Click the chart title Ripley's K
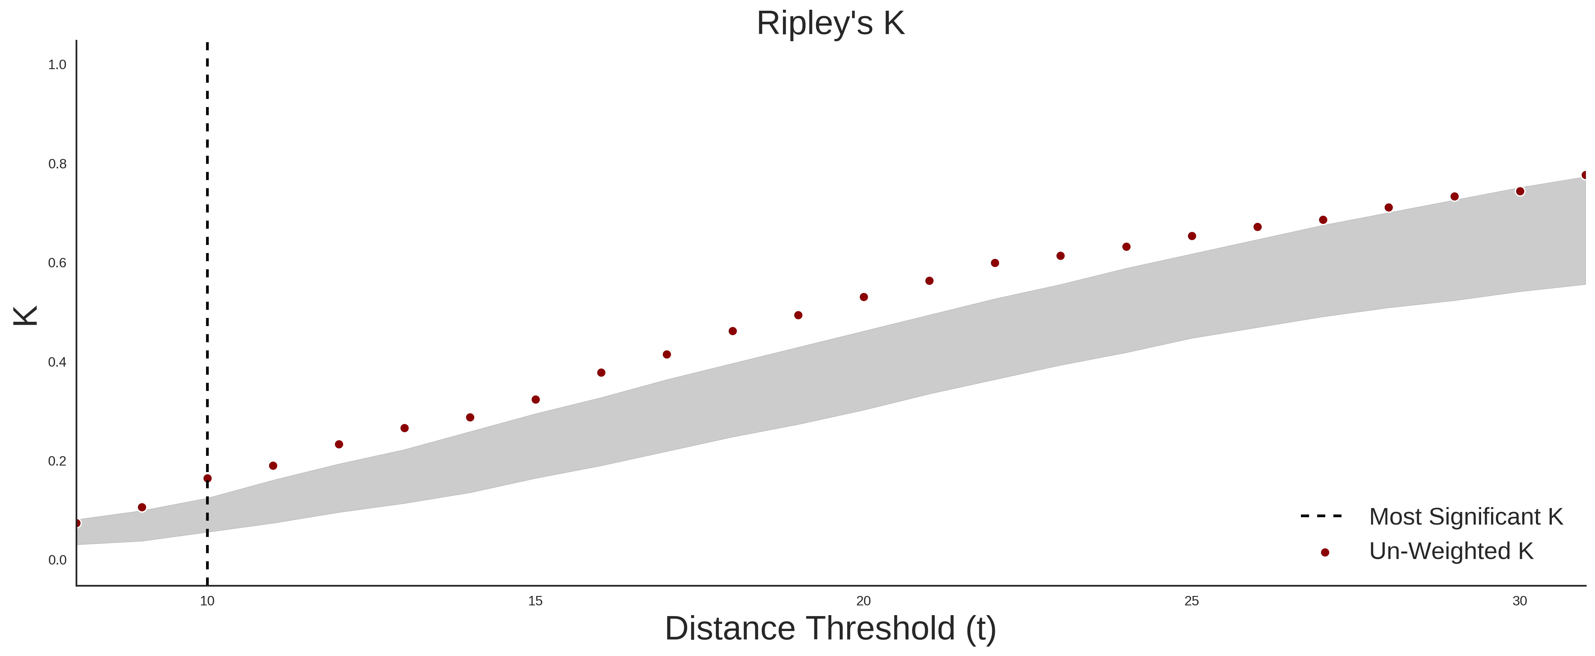pos(830,23)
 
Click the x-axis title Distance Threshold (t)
pos(830,629)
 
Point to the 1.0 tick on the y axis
pos(57,65)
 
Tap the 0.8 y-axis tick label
pos(57,164)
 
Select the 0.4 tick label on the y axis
pos(57,362)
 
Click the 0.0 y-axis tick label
pos(57,560)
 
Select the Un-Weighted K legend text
pos(1451,551)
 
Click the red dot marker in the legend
pos(1324,553)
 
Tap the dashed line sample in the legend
pos(1321,516)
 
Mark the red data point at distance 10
pos(207,479)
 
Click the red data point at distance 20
pos(864,297)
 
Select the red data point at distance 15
pos(536,400)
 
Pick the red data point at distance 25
pos(1192,236)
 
